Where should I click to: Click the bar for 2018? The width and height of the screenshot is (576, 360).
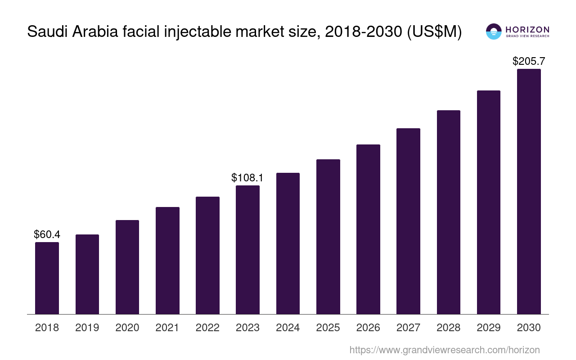pos(47,278)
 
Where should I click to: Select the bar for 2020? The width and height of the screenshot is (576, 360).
pos(127,267)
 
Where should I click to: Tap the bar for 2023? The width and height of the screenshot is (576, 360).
pos(247,250)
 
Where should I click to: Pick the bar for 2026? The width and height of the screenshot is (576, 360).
pos(368,229)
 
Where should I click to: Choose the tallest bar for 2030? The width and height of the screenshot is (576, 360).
pos(529,191)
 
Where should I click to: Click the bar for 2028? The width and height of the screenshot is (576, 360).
pos(449,212)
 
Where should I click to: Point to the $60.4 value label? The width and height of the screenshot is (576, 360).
pos(47,234)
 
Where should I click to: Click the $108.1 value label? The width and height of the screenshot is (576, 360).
pos(247,178)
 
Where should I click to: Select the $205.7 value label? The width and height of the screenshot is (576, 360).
pos(529,61)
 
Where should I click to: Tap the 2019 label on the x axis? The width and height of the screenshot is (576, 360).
pos(87,328)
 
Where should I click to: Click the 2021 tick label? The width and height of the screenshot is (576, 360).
pos(167,328)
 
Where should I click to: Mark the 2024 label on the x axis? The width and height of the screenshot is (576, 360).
pos(288,328)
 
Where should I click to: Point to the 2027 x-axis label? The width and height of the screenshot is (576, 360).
pos(408,328)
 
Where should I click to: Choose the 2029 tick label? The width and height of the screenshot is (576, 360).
pos(489,328)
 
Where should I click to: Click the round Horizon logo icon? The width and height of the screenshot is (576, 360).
pos(494,31)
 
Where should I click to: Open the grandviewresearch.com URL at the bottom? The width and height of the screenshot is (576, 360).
pos(444,350)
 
